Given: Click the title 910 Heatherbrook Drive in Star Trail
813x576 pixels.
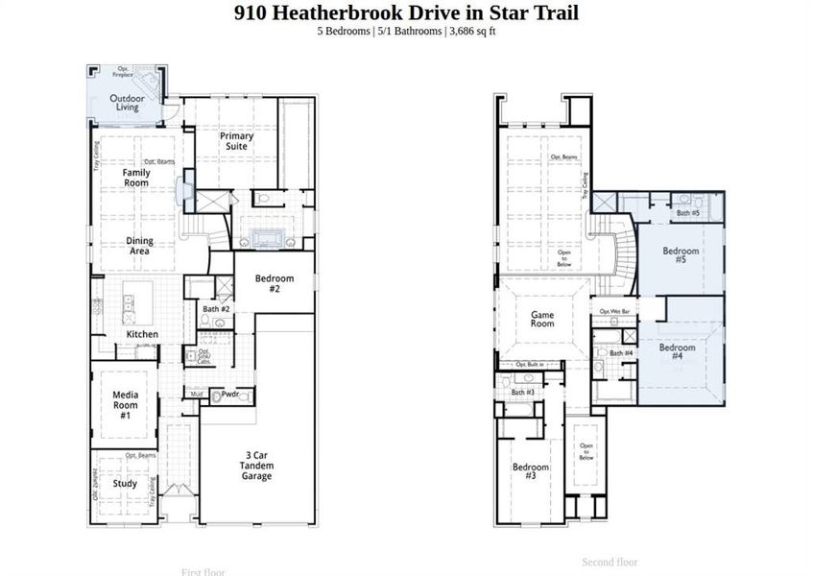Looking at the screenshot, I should click(406, 12).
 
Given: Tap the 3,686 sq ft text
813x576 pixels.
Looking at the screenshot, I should click(471, 32).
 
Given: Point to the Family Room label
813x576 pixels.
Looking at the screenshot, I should click(136, 178).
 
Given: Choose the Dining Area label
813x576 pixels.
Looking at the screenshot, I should click(139, 246).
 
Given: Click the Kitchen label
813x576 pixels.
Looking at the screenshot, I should click(142, 334).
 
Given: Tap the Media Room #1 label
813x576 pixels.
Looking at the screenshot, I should click(125, 404).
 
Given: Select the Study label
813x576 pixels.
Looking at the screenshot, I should click(125, 484).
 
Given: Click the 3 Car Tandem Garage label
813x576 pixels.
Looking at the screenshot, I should click(256, 466).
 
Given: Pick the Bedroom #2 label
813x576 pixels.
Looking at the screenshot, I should click(274, 283).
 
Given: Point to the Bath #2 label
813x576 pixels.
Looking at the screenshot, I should click(216, 309).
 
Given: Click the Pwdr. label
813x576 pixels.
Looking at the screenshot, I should click(230, 394).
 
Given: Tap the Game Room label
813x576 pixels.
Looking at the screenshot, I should click(543, 319).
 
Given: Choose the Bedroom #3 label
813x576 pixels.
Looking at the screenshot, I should click(531, 471).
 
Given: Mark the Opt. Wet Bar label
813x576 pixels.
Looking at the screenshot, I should click(614, 312).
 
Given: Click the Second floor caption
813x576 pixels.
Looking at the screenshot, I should click(610, 563).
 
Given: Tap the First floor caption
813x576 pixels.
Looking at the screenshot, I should click(203, 572).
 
